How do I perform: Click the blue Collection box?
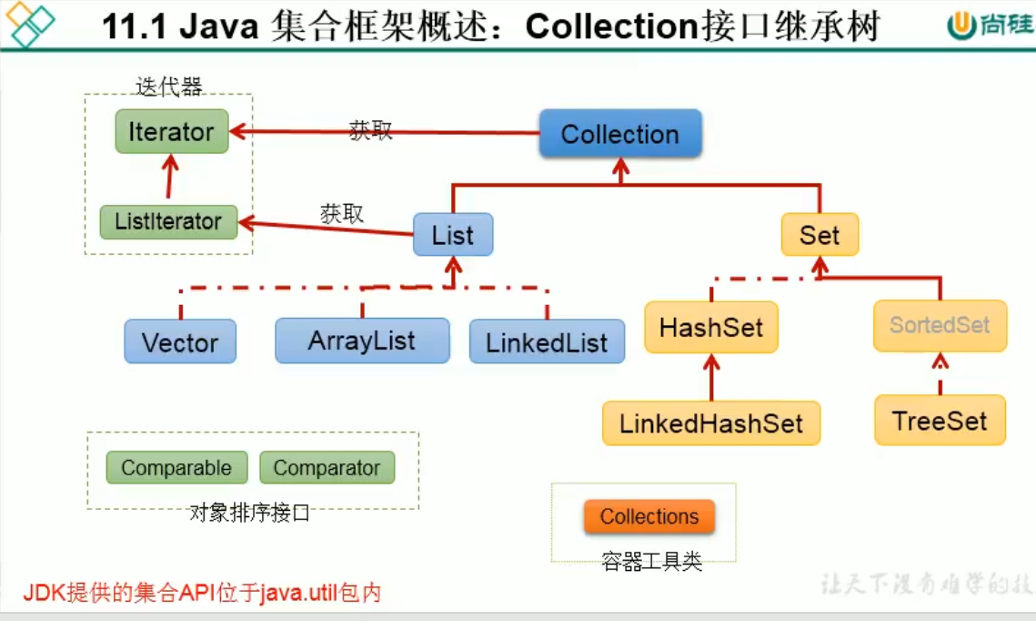pos(620,135)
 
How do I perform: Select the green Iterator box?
pos(171,132)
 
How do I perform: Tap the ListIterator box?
pos(168,221)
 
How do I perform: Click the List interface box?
pos(453,236)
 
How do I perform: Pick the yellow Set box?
pos(820,235)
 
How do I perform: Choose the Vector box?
pos(180,342)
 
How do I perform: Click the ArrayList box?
pos(362,341)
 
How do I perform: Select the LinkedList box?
pos(547,342)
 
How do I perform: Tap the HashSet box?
pos(711,328)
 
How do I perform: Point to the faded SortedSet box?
pos(940,326)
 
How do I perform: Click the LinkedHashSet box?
pos(711,423)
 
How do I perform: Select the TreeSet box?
pos(940,421)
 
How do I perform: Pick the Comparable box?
pos(176,468)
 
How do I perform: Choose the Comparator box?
pos(327,468)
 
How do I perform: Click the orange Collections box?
pos(649,517)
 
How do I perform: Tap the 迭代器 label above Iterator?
pos(168,87)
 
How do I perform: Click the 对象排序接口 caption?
pos(249,513)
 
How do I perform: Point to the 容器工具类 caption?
pos(651,561)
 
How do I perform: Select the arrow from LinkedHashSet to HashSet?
pos(711,378)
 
